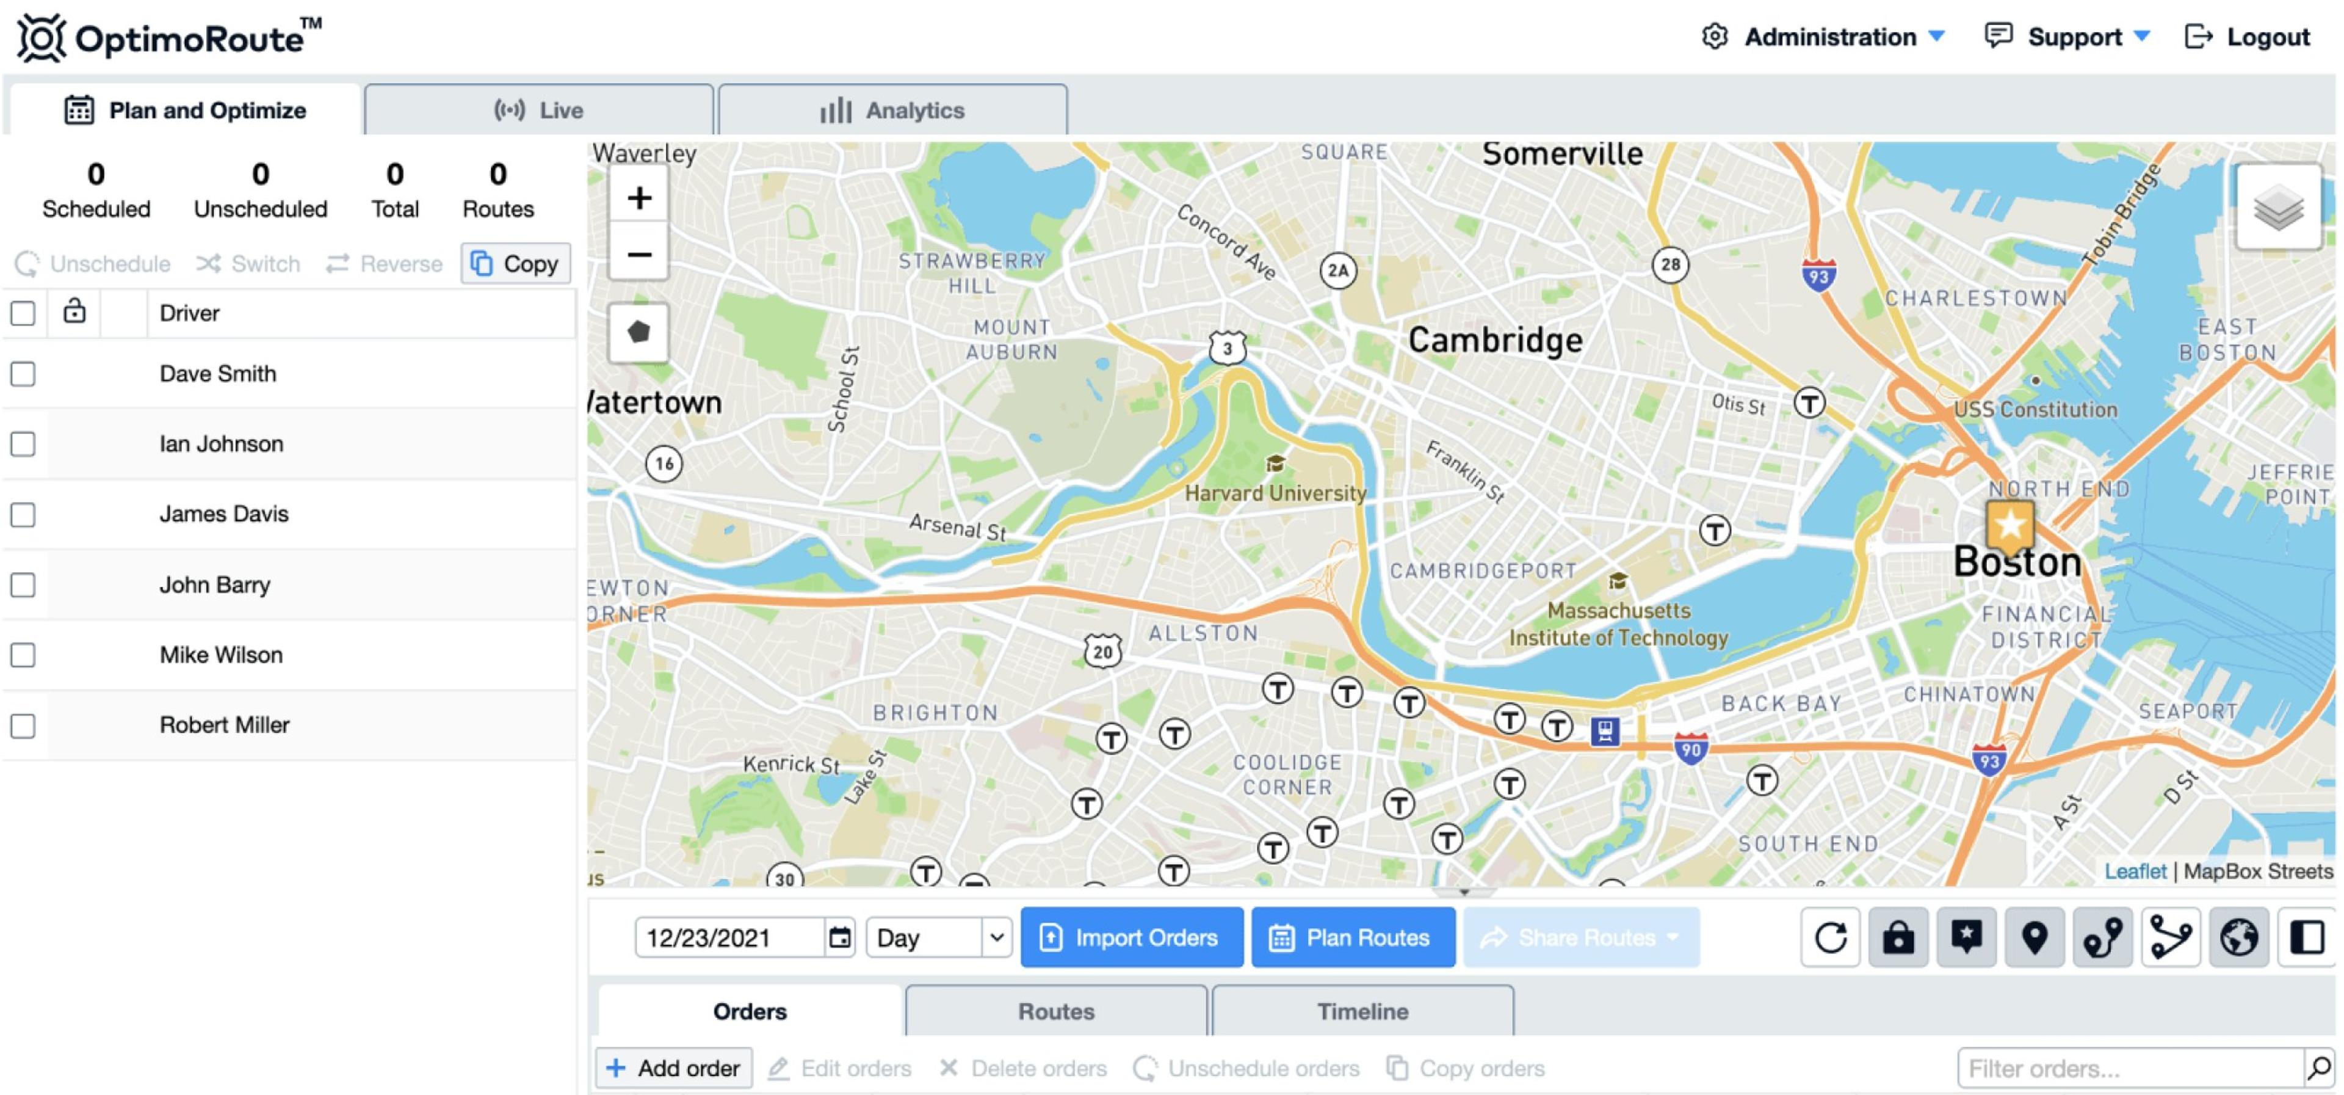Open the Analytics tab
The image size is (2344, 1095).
pyautogui.click(x=892, y=110)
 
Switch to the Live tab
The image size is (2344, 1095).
pyautogui.click(x=538, y=110)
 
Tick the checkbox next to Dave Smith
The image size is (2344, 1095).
pyautogui.click(x=23, y=374)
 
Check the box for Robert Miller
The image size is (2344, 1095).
pyautogui.click(x=23, y=726)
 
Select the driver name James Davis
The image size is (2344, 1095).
pyautogui.click(x=224, y=514)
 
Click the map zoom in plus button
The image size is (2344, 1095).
pyautogui.click(x=638, y=197)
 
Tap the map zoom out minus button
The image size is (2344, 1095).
pyautogui.click(x=638, y=254)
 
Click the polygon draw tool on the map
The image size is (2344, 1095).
pyautogui.click(x=638, y=332)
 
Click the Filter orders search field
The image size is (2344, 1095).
pyautogui.click(x=2129, y=1067)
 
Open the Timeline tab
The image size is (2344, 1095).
pyautogui.click(x=1362, y=1011)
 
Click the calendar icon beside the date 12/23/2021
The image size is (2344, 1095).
pyautogui.click(x=840, y=937)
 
